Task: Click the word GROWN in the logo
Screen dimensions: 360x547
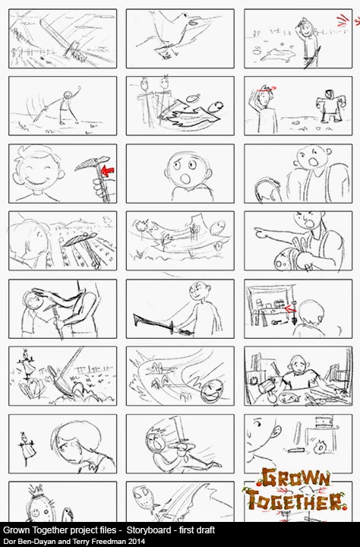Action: click(x=295, y=478)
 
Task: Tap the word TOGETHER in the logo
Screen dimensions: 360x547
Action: click(x=295, y=500)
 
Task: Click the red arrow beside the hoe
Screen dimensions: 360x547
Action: click(x=107, y=171)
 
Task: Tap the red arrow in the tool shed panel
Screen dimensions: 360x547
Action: click(x=290, y=308)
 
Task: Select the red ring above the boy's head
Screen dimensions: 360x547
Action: click(x=266, y=89)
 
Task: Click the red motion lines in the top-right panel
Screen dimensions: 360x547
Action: click(x=344, y=21)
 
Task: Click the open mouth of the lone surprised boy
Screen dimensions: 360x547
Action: click(x=186, y=179)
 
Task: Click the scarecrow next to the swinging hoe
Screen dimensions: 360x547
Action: click(x=27, y=364)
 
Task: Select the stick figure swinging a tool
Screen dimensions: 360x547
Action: click(x=65, y=106)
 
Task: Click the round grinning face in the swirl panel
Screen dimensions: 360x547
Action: click(x=213, y=390)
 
